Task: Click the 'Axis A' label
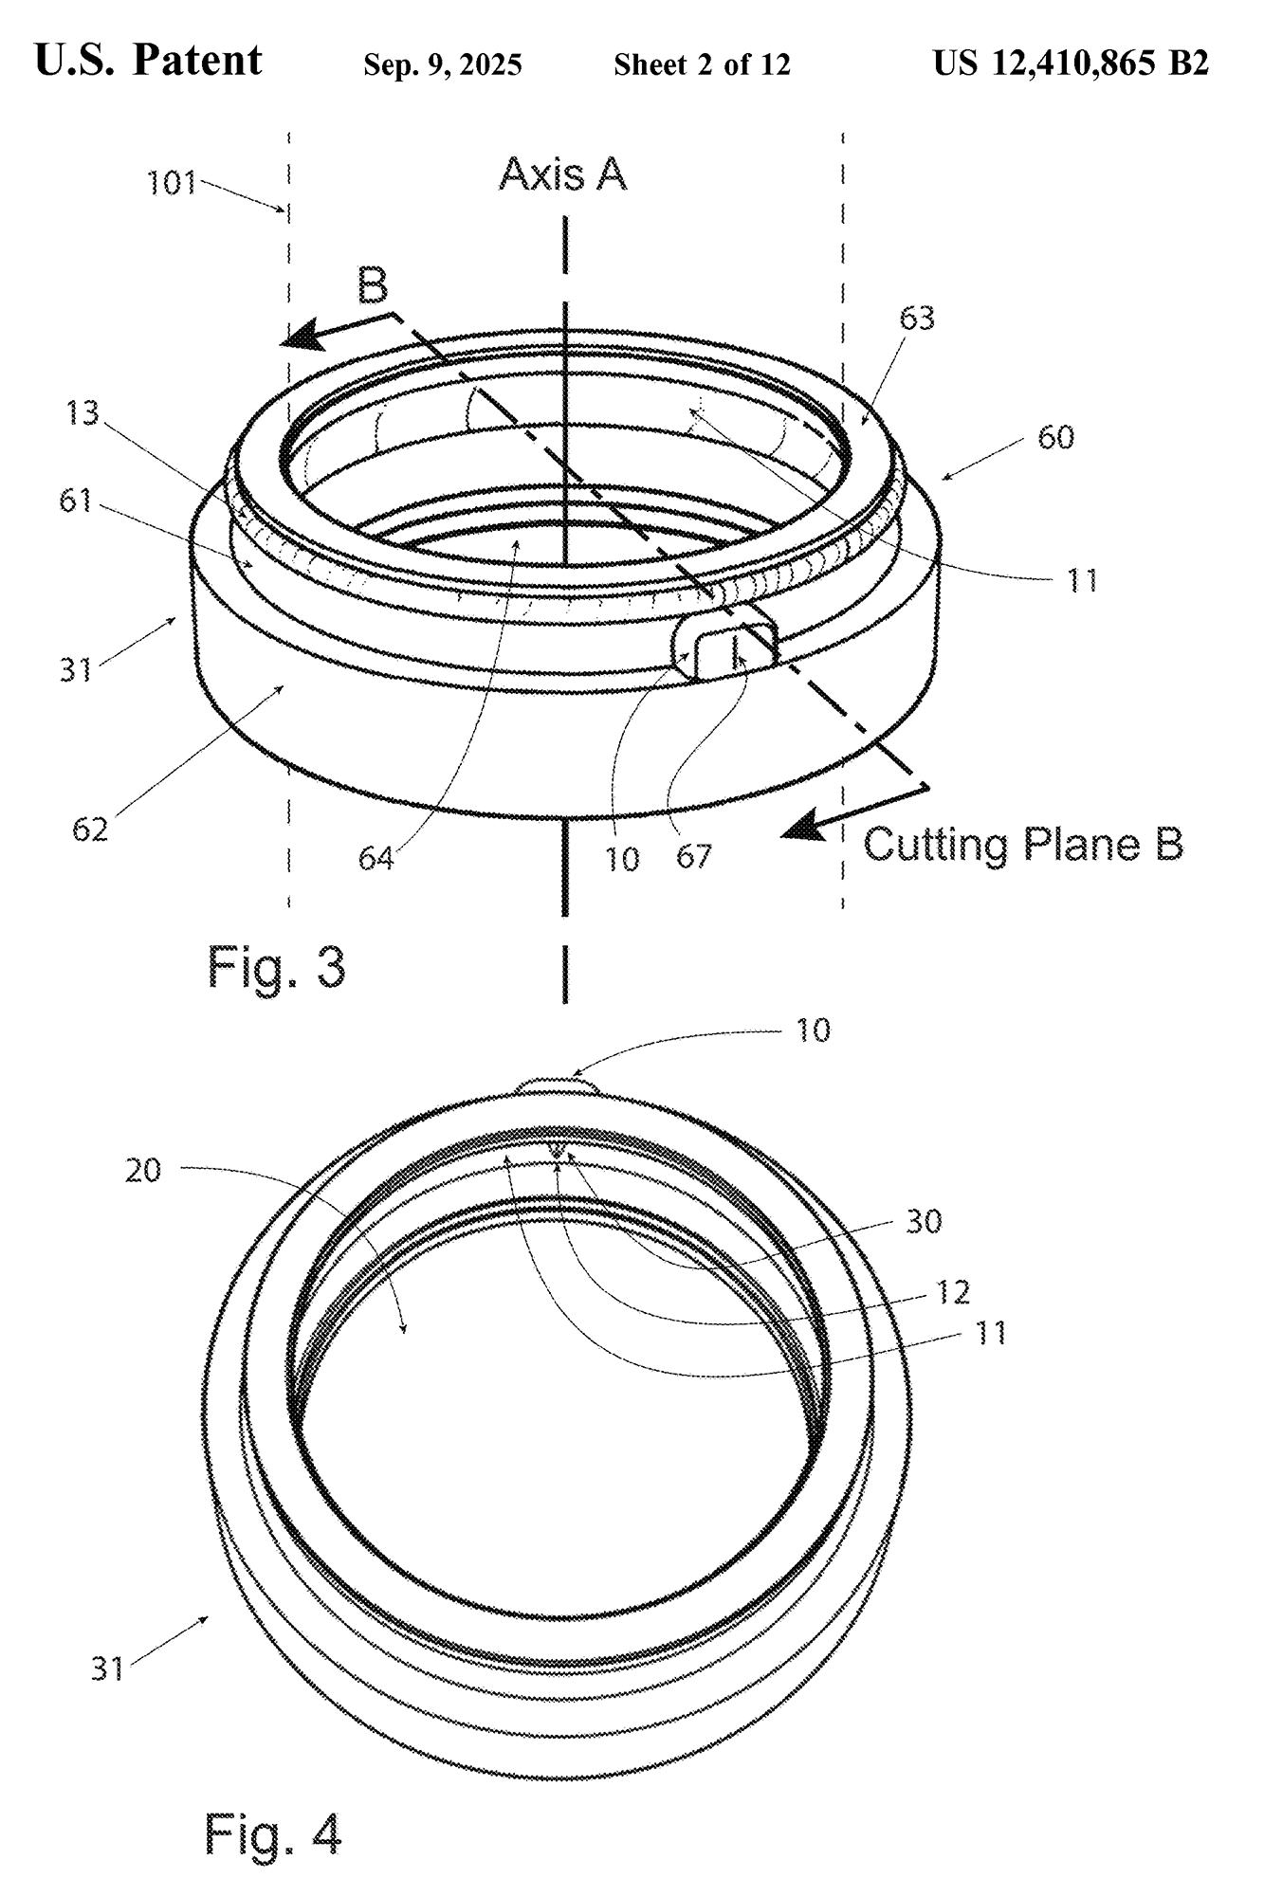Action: click(x=562, y=174)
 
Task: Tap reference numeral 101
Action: click(x=171, y=182)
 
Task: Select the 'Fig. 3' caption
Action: click(x=276, y=968)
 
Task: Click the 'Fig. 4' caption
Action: click(x=273, y=1833)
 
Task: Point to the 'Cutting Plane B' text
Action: click(x=1023, y=844)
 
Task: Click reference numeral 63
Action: click(x=917, y=318)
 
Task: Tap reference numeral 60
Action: click(x=1055, y=437)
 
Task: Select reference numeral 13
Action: click(x=82, y=413)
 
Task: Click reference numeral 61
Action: click(x=75, y=500)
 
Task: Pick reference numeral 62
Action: click(x=90, y=829)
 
